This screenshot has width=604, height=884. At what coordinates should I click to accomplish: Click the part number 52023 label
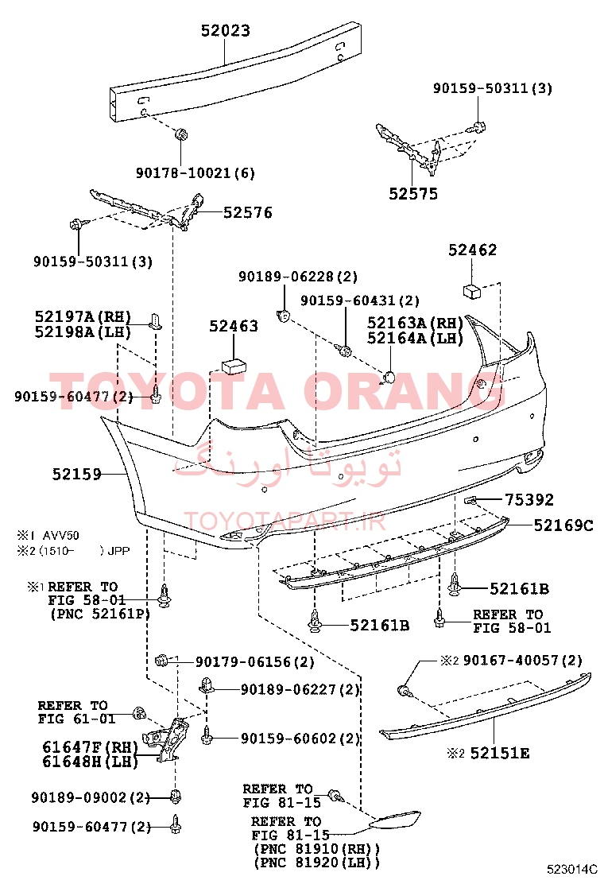pos(226,30)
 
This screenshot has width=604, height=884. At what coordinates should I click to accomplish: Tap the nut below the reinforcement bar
pos(180,134)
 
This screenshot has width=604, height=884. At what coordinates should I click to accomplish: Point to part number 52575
pos(413,194)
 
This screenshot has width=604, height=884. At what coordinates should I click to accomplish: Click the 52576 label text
pos(247,212)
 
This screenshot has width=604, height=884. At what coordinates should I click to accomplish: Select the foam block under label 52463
pos(234,365)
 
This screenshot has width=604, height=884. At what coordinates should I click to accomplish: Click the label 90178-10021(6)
pos(195,173)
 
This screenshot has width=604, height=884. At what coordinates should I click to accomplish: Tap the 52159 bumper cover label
pos(76,474)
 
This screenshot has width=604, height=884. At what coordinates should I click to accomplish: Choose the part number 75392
pos(529,499)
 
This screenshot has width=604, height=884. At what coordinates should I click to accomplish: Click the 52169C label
pos(563,525)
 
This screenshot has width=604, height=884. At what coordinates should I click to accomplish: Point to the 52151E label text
pos(500,753)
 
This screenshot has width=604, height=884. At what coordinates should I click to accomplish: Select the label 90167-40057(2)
pos(522,660)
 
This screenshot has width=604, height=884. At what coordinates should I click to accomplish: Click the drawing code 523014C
pos(571,869)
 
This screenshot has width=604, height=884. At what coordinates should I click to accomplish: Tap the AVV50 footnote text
pos(61,535)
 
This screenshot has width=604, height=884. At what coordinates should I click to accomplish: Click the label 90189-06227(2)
pos(300,689)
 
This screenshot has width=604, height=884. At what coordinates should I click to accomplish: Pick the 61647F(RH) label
pos(90,747)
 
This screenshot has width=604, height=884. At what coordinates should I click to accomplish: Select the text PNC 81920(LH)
pos(317,863)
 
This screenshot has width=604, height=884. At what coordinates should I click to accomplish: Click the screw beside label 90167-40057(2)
pos(404,690)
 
